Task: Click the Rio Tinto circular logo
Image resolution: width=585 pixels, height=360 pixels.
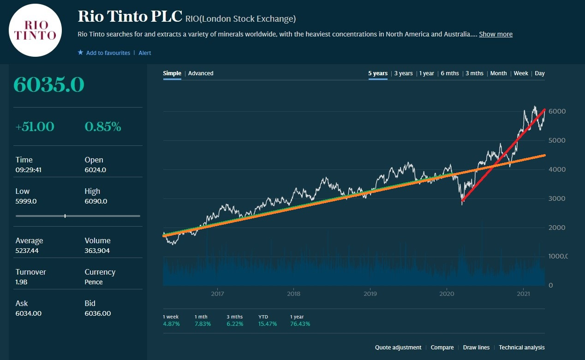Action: [x=36, y=30]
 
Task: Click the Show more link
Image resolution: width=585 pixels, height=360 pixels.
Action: [x=495, y=34]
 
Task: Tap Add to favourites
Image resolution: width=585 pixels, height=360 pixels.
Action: [x=108, y=53]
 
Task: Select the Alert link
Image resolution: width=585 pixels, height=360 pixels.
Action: [x=145, y=53]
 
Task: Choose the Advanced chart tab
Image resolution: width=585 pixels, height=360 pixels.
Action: [x=201, y=73]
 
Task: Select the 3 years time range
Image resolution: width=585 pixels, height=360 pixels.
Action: [x=403, y=73]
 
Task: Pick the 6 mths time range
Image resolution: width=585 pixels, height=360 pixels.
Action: [x=450, y=73]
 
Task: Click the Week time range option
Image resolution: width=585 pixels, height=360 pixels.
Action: [x=521, y=73]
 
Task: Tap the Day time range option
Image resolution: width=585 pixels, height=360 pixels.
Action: [x=540, y=73]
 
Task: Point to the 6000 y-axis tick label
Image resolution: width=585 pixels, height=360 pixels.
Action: [x=556, y=112]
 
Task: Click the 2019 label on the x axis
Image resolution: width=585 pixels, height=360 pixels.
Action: [x=370, y=294]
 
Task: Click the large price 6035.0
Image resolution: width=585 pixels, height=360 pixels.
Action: [x=49, y=85]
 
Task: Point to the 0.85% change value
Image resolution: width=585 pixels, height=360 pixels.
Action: [x=103, y=126]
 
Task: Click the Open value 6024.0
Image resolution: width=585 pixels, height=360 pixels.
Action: [x=96, y=170]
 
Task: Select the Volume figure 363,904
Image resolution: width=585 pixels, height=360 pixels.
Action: [x=97, y=251]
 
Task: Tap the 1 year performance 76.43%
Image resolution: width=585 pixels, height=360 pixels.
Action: [x=300, y=324]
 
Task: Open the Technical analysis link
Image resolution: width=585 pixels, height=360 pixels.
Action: [x=521, y=348]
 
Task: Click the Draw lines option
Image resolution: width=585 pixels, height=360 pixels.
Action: [x=476, y=348]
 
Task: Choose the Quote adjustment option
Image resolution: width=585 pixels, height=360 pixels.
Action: [x=398, y=348]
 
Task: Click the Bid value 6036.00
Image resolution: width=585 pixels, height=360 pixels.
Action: [x=98, y=313]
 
